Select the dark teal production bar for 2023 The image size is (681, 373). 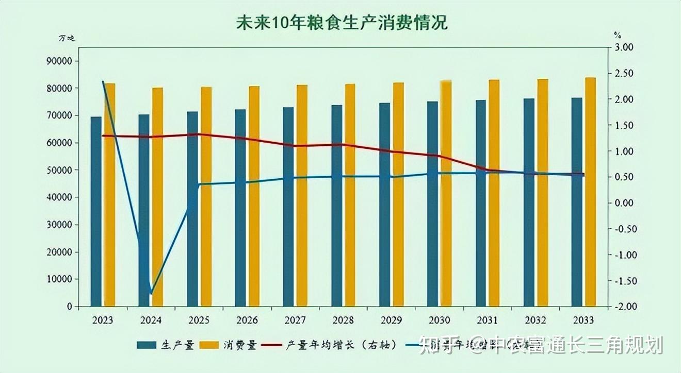pos(96,211)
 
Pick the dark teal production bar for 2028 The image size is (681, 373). pos(336,206)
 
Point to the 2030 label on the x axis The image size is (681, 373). pos(440,320)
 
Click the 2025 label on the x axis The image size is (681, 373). pos(199,320)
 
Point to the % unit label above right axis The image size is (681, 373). pos(617,35)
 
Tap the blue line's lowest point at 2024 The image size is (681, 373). pos(151,294)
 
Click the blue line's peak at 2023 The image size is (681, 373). pos(103,82)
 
